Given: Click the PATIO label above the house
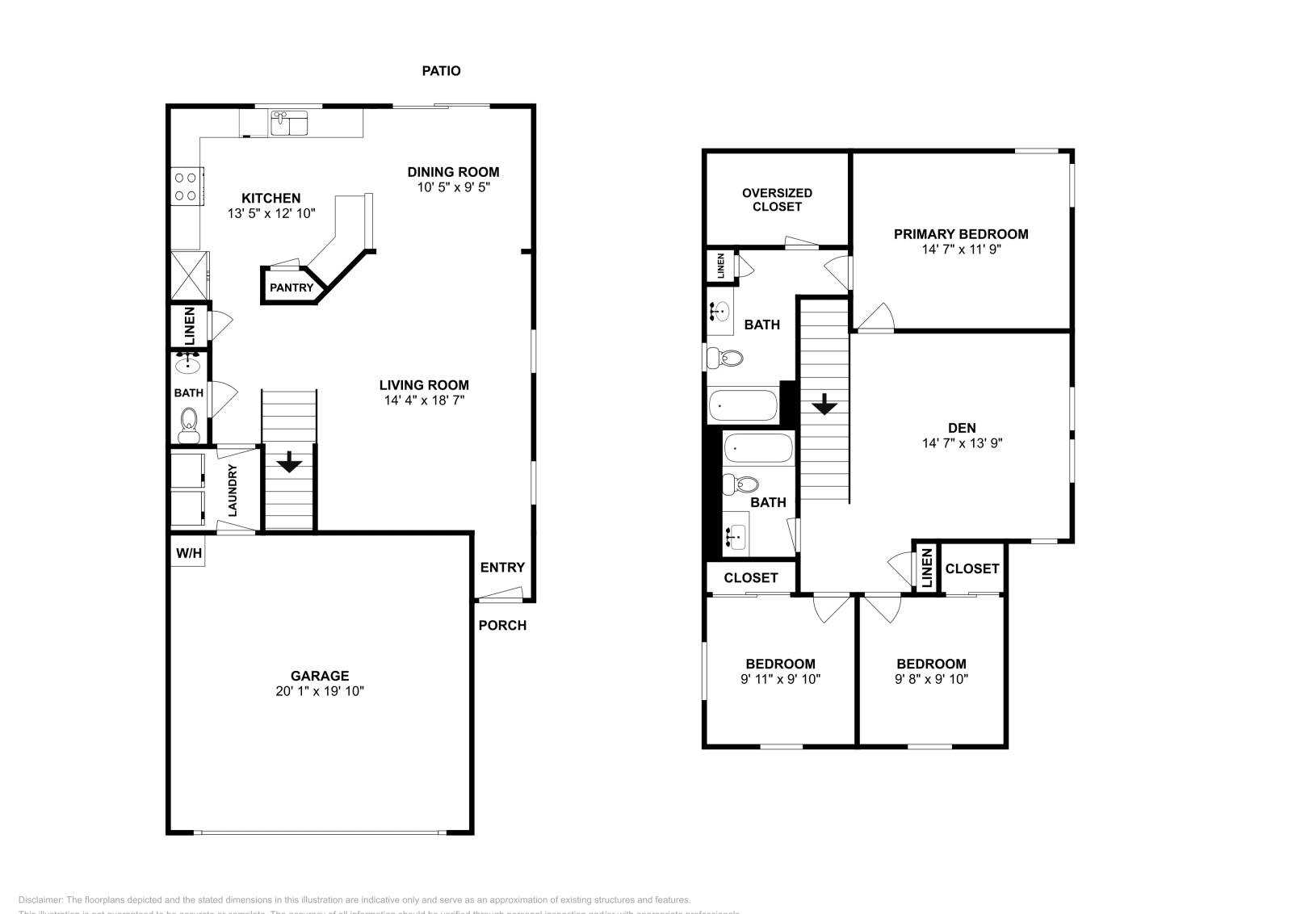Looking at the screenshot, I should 441,71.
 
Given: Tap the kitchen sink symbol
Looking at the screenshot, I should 288,124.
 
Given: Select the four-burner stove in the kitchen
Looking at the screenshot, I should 186,187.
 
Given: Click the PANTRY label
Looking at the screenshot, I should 291,287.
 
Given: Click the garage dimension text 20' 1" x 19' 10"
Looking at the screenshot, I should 319,691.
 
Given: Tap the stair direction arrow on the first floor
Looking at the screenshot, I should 289,463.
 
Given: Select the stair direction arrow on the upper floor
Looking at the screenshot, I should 824,404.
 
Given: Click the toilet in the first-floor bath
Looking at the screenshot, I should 189,423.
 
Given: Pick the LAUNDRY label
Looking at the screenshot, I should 233,490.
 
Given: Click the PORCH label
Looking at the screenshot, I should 502,625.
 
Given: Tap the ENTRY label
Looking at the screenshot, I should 502,568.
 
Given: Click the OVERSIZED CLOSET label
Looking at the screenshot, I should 777,199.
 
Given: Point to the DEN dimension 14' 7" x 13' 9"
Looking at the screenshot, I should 962,443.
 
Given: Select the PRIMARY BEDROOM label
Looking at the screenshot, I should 961,234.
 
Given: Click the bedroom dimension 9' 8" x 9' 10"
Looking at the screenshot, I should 931,679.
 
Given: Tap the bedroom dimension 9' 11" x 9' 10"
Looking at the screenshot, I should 780,679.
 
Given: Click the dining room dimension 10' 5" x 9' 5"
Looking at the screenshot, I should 453,187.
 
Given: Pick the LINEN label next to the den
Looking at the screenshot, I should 927,567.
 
